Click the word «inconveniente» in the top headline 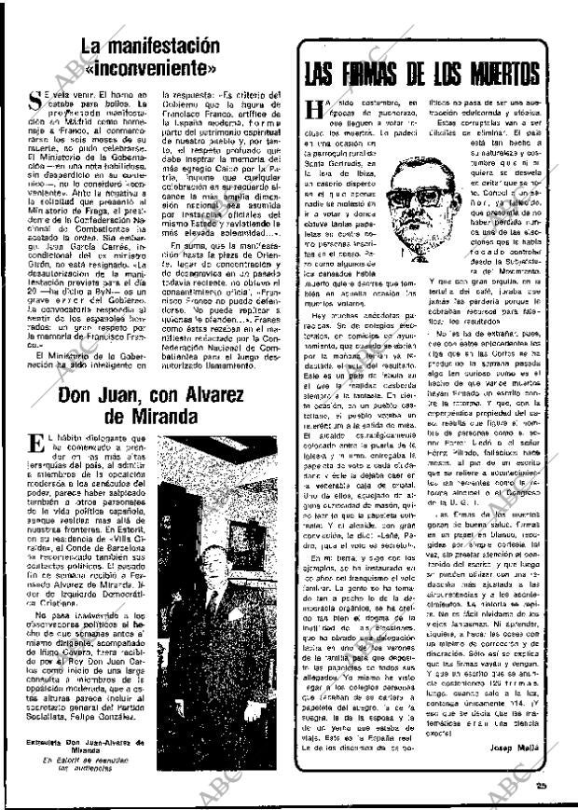pos(149,68)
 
